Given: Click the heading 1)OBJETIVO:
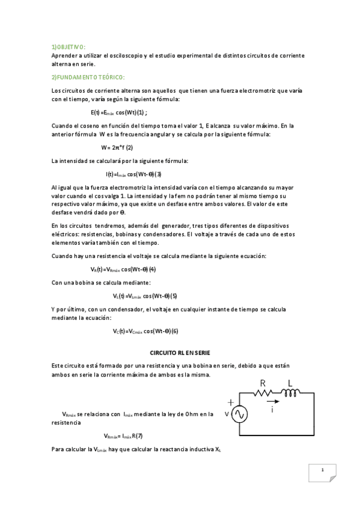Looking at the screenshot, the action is point(69,46).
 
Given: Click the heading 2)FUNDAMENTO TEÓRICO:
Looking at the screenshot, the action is point(88,78).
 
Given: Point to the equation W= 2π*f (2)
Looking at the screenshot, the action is point(117,147).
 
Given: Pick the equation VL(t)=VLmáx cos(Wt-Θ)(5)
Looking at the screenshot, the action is point(145,296).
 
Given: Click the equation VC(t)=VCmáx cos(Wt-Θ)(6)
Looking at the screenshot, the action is point(145,331).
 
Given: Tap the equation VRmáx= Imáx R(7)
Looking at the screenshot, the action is point(123,436).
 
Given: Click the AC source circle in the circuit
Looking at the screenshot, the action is point(239,414).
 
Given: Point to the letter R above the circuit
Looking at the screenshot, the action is point(263,383).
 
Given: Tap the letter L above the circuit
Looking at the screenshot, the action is point(290,382).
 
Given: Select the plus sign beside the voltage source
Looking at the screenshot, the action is point(230,402).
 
